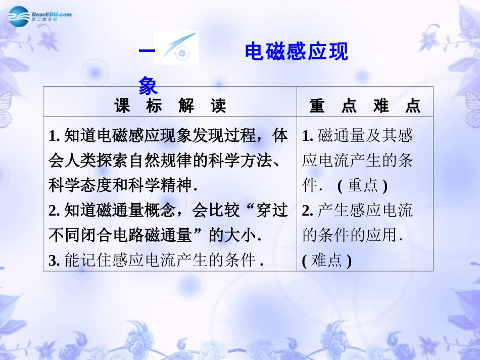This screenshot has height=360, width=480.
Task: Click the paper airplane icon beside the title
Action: tap(176, 48)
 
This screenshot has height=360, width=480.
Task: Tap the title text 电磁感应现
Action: tap(296, 52)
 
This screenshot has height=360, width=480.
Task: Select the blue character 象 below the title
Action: tap(148, 86)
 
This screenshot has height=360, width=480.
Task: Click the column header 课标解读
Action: tap(170, 106)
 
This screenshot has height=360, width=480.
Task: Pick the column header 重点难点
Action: tap(365, 106)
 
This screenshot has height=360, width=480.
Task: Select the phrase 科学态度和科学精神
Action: tap(121, 185)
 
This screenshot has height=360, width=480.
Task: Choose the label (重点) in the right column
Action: tap(362, 185)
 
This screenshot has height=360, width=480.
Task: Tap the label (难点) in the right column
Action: tap(326, 261)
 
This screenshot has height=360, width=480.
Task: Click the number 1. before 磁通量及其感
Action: tap(308, 135)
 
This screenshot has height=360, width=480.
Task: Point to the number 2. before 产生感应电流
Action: tap(308, 211)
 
